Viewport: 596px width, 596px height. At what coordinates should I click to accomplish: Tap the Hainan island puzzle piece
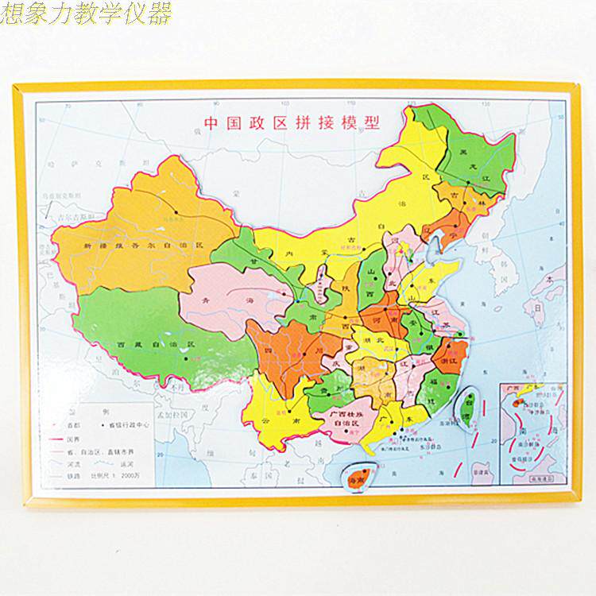coord(354,480)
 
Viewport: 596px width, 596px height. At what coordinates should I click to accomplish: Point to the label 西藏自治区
coord(156,343)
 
